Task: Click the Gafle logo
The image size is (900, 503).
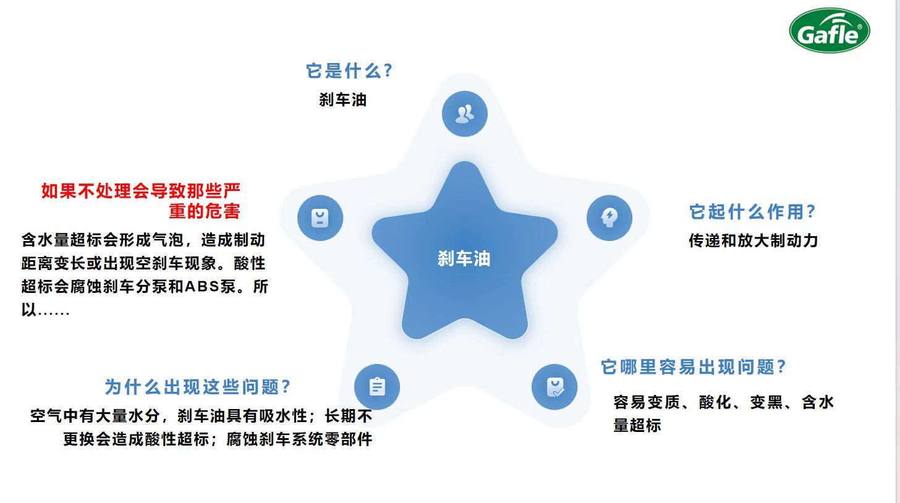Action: (830, 30)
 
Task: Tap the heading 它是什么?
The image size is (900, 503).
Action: (349, 70)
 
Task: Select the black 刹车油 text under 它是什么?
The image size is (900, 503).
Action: (342, 99)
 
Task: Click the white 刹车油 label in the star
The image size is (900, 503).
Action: (464, 258)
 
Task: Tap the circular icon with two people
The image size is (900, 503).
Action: (465, 114)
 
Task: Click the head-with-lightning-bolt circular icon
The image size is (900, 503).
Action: (609, 218)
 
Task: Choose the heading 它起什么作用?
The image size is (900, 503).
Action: (752, 212)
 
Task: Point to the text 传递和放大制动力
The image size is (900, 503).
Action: (754, 240)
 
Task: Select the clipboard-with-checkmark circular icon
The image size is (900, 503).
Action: (554, 387)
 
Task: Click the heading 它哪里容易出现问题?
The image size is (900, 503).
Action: (694, 366)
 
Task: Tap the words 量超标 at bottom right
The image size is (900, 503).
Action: (637, 425)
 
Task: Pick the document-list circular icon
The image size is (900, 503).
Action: (377, 387)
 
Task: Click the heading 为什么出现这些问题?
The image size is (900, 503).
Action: (197, 387)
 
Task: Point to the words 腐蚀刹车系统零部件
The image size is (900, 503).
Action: (299, 439)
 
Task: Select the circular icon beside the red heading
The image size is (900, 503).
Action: (320, 218)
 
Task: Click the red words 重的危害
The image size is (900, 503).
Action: (205, 211)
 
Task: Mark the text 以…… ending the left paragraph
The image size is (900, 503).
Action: (45, 310)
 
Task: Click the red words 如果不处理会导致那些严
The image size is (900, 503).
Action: (141, 190)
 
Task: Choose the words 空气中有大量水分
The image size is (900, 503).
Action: (95, 415)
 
